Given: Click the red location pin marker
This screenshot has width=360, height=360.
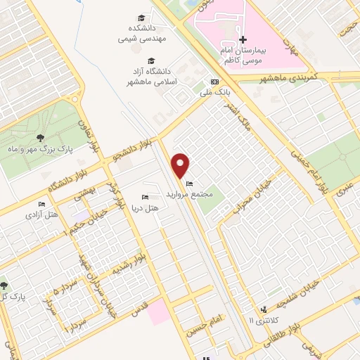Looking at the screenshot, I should pos(181,165).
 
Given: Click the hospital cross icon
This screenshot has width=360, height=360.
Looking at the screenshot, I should pos(243,40).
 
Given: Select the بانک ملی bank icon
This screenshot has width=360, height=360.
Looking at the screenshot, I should pos(214,81).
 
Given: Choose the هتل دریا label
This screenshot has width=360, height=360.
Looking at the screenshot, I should pos(146,209).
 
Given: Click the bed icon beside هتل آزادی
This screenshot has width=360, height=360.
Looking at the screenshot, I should pos(41,204).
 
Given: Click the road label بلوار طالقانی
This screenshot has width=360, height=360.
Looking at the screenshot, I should pos(292,328).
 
